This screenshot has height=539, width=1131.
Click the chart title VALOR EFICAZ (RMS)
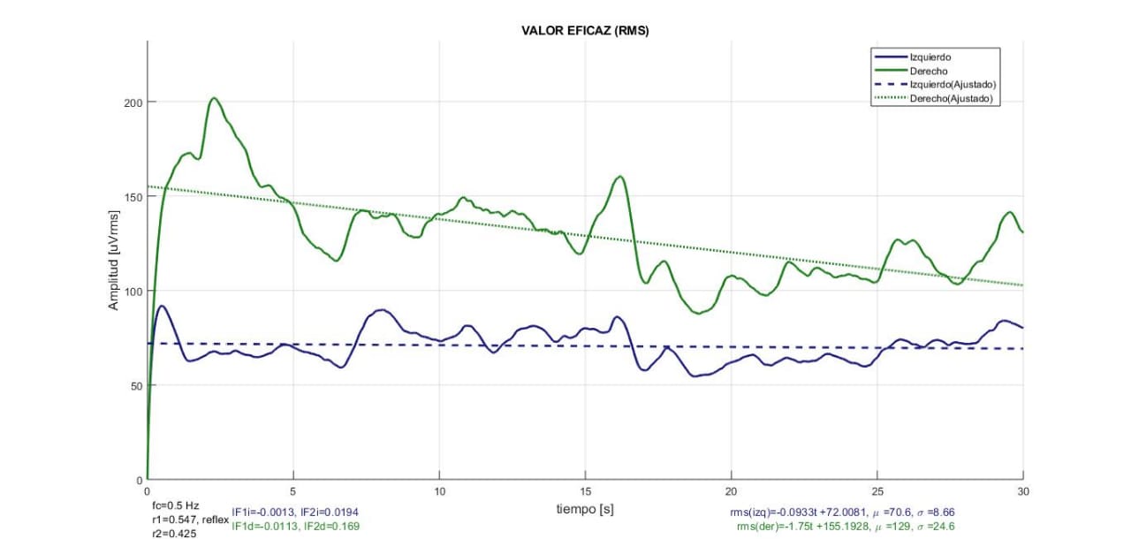pos(586,31)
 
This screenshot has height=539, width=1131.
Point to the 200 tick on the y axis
pos(132,102)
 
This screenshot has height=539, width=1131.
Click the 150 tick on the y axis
pos(132,197)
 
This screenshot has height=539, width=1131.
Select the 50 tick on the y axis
pos(134,385)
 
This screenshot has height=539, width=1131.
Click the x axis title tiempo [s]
pos(585,509)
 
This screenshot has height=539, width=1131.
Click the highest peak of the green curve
pos(214,98)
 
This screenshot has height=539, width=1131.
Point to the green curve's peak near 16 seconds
pos(620,177)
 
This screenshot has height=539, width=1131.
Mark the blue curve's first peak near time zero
pos(161,307)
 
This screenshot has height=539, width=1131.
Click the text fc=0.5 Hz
pos(176,505)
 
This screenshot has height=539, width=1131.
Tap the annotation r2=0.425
pos(175,533)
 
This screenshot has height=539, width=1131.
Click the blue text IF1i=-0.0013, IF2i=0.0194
pos(295,512)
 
